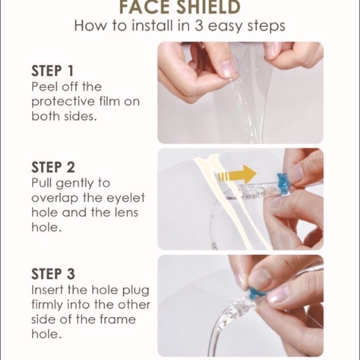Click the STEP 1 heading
(56, 70)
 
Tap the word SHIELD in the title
(209, 8)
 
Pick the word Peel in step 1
(44, 86)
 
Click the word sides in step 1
(79, 117)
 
